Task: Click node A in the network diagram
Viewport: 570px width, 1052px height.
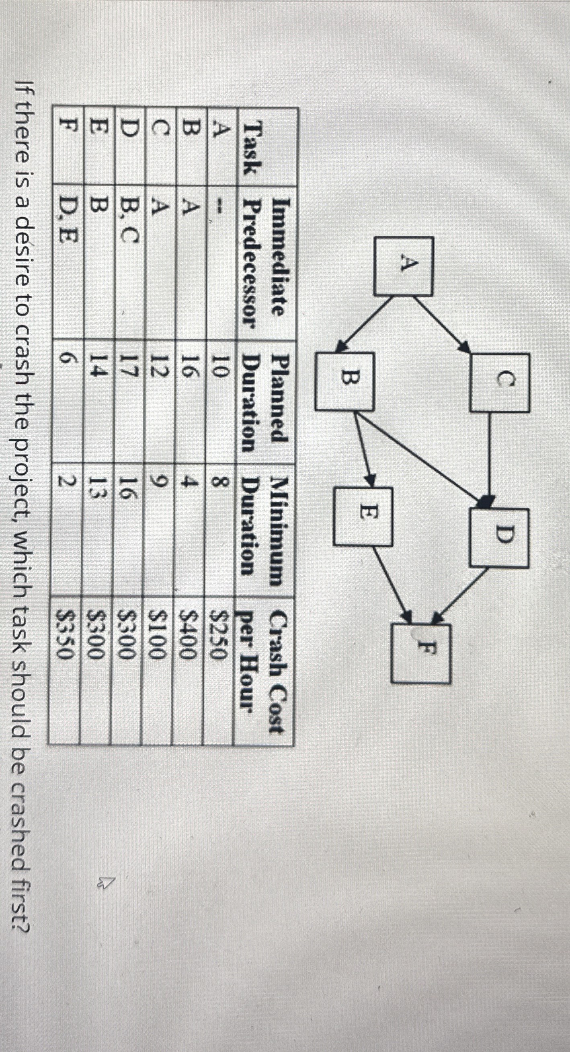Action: [x=403, y=266]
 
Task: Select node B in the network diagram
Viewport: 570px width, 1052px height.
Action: [x=345, y=381]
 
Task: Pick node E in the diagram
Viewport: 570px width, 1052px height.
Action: [x=363, y=516]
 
